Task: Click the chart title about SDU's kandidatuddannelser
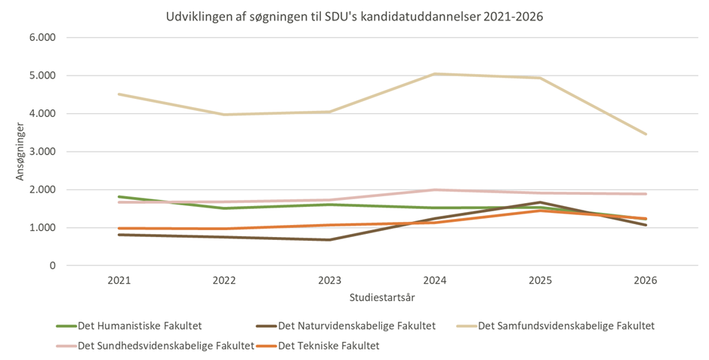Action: tap(354, 16)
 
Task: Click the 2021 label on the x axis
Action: tap(119, 280)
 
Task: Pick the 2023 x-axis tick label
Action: tap(329, 280)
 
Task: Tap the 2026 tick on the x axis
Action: tap(646, 280)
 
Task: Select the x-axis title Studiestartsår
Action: tap(382, 297)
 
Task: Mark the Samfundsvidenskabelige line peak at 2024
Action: tap(435, 74)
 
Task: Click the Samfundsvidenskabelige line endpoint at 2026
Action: tap(646, 134)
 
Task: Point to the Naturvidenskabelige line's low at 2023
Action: tap(329, 240)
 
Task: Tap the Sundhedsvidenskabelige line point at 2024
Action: tap(435, 189)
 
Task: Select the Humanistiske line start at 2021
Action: tap(119, 197)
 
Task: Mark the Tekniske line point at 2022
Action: tap(224, 229)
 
